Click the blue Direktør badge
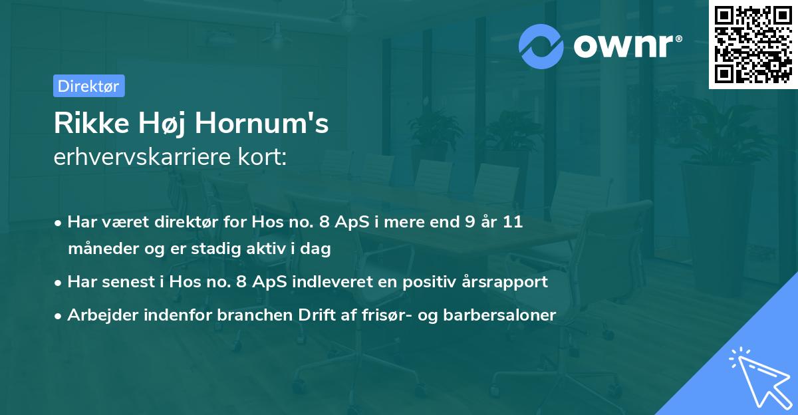pos(88,86)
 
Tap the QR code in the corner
pos(753,45)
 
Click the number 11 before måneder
pos(513,222)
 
